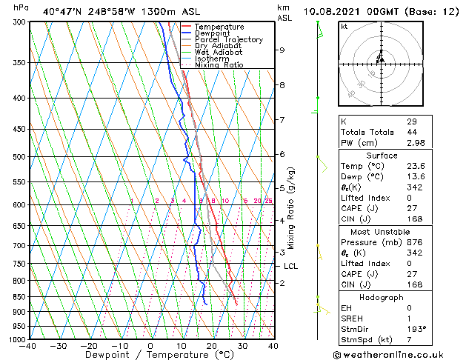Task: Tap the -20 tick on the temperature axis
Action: tap(88, 345)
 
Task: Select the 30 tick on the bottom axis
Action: tap(242, 345)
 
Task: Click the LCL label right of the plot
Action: tap(290, 266)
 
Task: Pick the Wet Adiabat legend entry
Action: tap(219, 52)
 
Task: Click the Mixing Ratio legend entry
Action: tap(219, 64)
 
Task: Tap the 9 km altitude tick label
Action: tap(282, 50)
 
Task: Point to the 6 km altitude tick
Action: tap(282, 154)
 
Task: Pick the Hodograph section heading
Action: tap(382, 297)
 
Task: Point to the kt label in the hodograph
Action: tap(344, 27)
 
